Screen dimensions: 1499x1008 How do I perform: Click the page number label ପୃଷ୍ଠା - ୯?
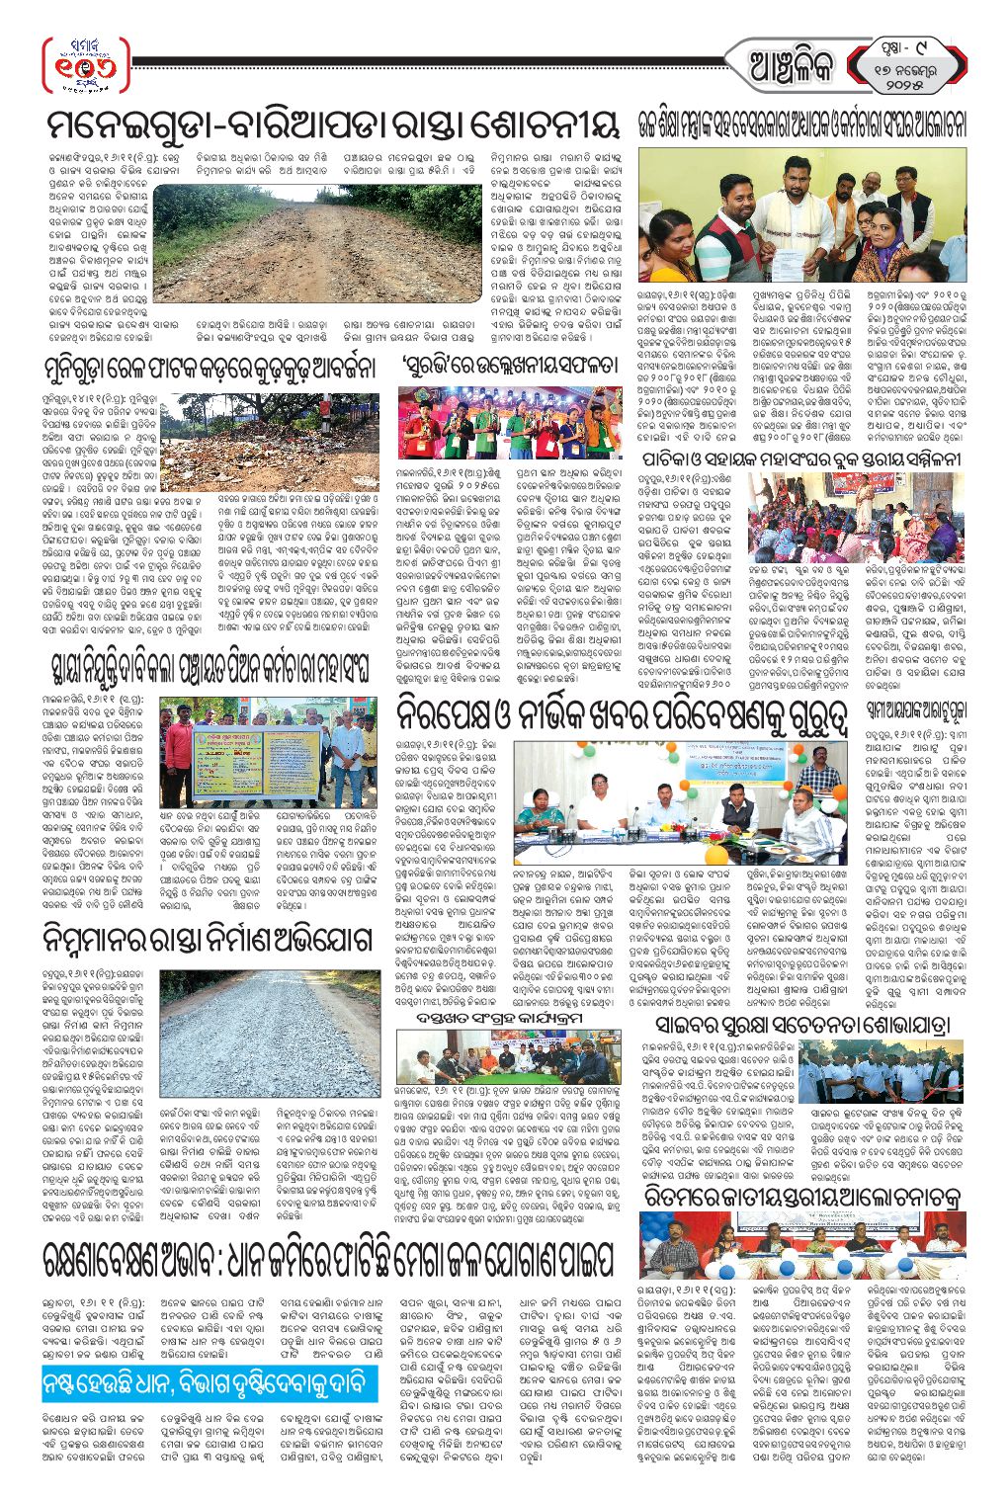point(910,46)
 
